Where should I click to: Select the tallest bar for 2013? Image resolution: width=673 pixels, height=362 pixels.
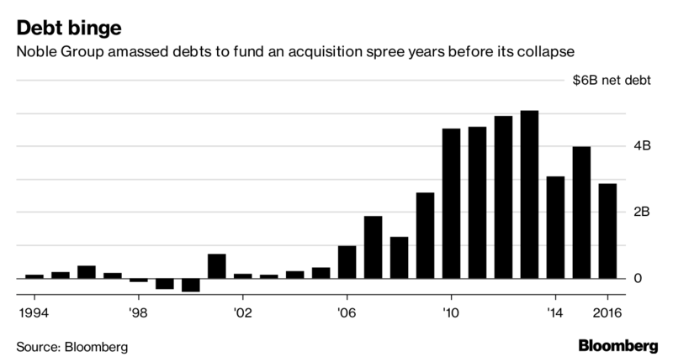click(x=529, y=194)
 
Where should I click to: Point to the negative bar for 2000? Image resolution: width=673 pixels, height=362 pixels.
click(x=190, y=285)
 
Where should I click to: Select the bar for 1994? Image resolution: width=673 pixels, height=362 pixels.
click(x=34, y=275)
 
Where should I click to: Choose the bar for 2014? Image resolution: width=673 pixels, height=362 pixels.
click(x=555, y=227)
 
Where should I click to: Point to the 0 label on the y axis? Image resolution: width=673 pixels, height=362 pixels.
click(x=638, y=279)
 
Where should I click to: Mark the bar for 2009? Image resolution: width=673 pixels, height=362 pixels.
click(x=425, y=235)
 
